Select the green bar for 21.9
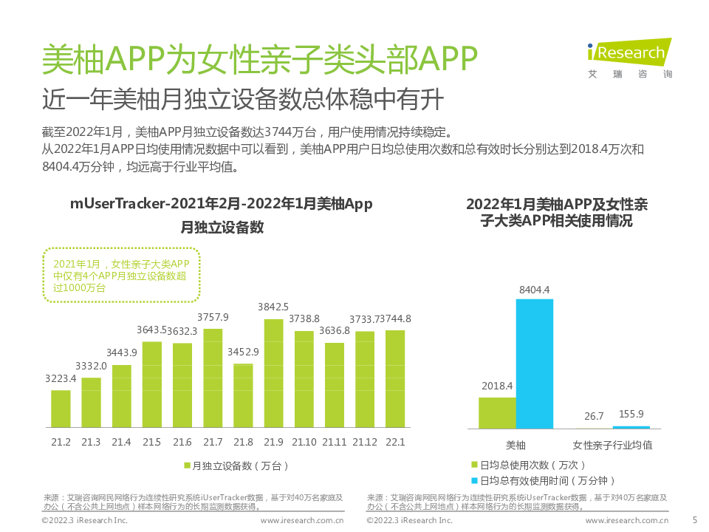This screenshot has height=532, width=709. [273, 373]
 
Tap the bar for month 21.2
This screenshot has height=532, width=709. [61, 409]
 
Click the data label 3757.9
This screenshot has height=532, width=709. [213, 317]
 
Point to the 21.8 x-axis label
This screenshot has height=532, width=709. [243, 442]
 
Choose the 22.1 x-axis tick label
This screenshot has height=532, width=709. [395, 442]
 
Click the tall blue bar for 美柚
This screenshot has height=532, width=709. [534, 364]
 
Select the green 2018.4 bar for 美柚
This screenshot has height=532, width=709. [497, 413]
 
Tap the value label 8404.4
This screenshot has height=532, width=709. [535, 290]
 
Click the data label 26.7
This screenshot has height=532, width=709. [594, 416]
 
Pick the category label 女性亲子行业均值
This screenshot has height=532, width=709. [613, 446]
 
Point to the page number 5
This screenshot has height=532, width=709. [693, 519]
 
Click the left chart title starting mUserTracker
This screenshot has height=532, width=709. [222, 204]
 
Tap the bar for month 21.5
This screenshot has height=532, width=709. [152, 384]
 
